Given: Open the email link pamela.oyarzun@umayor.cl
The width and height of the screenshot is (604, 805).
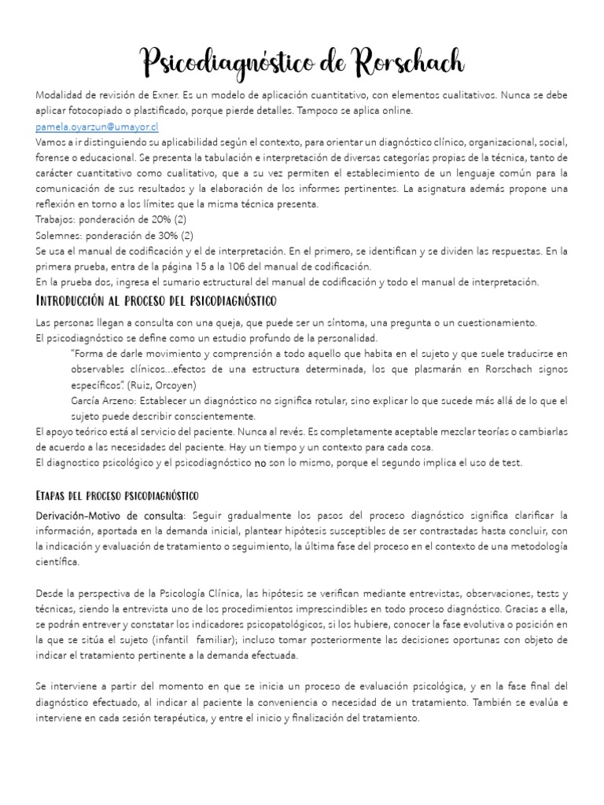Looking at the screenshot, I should pyautogui.click(x=97, y=127).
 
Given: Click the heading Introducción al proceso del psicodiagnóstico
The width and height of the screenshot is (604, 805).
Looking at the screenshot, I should pyautogui.click(x=156, y=301).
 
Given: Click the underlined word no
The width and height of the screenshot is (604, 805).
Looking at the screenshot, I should pyautogui.click(x=260, y=463).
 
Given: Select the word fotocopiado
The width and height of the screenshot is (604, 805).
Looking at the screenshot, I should pyautogui.click(x=107, y=111).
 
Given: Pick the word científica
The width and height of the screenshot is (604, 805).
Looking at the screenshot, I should pyautogui.click(x=57, y=563).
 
